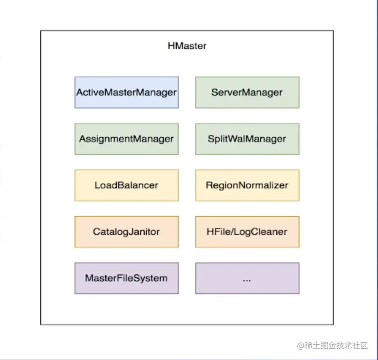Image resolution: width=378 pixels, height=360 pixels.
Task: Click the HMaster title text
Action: click(x=187, y=46)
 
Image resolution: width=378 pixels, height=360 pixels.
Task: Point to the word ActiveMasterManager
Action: click(x=127, y=92)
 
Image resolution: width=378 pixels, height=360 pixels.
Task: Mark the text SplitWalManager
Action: click(x=247, y=139)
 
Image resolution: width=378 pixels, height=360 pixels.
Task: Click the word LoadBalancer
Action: click(x=127, y=185)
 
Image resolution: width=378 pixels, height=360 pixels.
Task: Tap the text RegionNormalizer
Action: click(x=247, y=185)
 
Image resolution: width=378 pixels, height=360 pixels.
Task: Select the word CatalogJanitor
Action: click(x=127, y=232)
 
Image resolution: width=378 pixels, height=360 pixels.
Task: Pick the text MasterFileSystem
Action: click(x=127, y=278)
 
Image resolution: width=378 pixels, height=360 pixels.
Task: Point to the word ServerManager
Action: click(x=247, y=92)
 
